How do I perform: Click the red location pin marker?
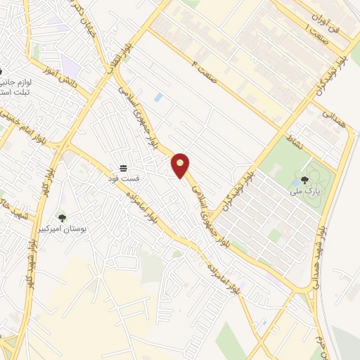(181, 165)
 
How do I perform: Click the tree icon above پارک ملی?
(304, 180)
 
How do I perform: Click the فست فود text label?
(125, 178)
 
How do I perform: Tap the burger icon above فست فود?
(123, 167)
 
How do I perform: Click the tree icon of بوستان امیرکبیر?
(62, 218)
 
